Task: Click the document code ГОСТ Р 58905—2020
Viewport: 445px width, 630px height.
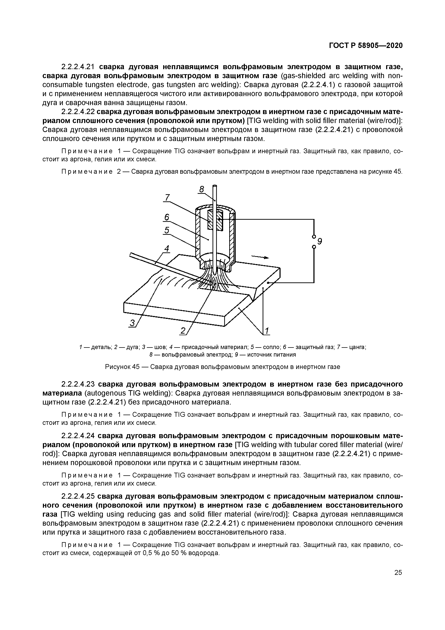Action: point(366,46)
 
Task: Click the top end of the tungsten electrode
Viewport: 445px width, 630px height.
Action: point(215,186)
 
